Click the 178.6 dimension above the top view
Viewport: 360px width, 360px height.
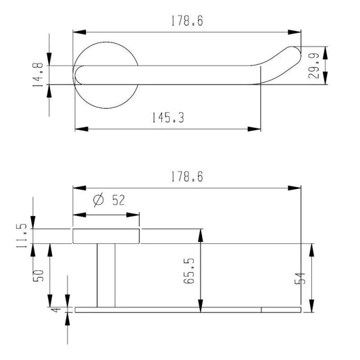187,21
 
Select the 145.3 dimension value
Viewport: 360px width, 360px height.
168,118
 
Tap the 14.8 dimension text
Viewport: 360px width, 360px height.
38,75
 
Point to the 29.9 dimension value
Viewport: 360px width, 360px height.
313,66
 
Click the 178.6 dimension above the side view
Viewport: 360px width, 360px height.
187,177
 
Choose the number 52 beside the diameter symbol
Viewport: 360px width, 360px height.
118,200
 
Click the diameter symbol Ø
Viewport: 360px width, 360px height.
99,200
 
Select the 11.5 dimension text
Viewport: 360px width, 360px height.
22,236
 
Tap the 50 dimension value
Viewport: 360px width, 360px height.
38,276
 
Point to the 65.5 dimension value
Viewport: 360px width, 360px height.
189,271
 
